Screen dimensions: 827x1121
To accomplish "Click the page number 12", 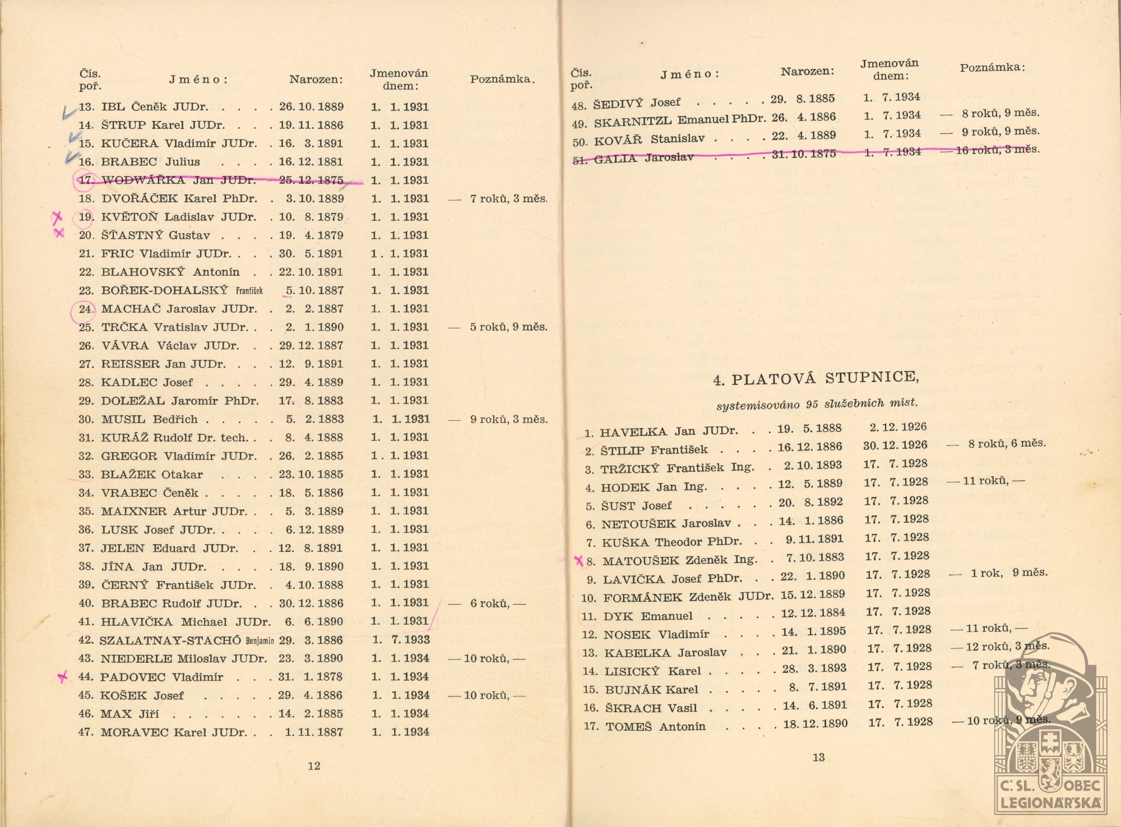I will point(314,766).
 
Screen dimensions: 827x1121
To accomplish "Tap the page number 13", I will point(818,758).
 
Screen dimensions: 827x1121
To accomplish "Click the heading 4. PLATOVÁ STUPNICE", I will point(816,379).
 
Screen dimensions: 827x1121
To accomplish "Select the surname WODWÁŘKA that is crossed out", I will point(143,180).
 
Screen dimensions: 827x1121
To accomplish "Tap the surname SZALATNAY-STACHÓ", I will point(170,640).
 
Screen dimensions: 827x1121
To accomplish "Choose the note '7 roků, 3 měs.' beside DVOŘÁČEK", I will point(508,198).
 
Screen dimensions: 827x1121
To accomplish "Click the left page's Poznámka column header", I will point(502,79).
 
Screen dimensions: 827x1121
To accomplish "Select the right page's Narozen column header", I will point(807,71).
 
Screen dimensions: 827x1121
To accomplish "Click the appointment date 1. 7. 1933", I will point(401,640).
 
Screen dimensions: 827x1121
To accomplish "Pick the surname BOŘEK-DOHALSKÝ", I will point(164,290).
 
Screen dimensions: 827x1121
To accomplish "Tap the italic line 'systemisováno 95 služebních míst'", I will point(817,404).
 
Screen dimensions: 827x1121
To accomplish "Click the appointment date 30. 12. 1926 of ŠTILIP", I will point(895,445).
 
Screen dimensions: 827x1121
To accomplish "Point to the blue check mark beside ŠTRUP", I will point(70,113).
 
